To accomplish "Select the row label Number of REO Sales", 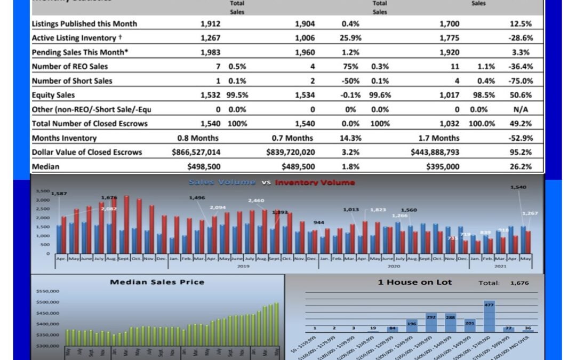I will (x=70, y=67).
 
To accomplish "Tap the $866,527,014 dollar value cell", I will (x=196, y=152).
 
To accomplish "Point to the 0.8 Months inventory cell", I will (x=198, y=138).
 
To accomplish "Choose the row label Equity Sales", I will (x=53, y=95).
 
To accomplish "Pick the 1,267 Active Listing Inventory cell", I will (x=211, y=38).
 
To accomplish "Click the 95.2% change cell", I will (x=521, y=152).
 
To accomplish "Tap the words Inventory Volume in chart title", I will (x=315, y=182).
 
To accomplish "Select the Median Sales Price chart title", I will (x=157, y=282).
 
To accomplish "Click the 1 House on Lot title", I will (x=414, y=282).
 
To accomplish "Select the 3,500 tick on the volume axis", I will (x=43, y=191).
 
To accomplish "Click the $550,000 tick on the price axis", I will (x=48, y=291).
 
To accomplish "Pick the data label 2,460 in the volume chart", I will (x=256, y=201).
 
